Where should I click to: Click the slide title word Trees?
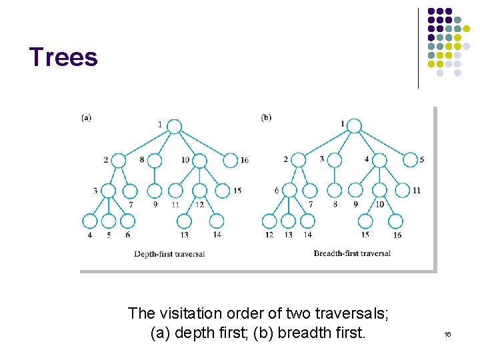(x=63, y=57)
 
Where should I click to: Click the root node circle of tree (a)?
(x=174, y=126)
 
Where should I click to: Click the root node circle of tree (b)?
(x=355, y=126)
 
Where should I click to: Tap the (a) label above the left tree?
(x=86, y=118)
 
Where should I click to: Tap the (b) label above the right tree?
(x=266, y=118)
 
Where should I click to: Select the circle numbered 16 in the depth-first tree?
(x=230, y=160)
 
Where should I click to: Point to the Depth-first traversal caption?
(x=169, y=253)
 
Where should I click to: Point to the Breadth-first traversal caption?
(x=352, y=253)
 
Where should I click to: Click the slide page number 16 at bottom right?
(x=447, y=333)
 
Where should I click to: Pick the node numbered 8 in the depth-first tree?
(x=155, y=160)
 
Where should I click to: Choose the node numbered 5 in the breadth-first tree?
(x=410, y=160)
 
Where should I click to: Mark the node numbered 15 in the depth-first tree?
(x=220, y=191)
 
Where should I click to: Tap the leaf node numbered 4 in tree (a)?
(x=90, y=221)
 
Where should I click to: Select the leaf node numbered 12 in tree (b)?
(x=269, y=221)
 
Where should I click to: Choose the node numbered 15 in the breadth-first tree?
(x=365, y=221)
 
